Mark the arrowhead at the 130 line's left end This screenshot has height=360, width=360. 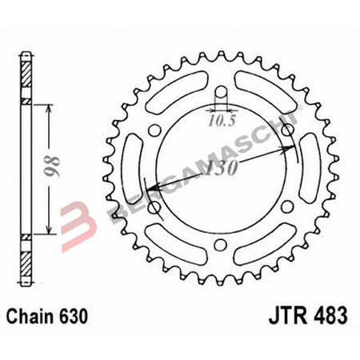pyautogui.click(x=149, y=189)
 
